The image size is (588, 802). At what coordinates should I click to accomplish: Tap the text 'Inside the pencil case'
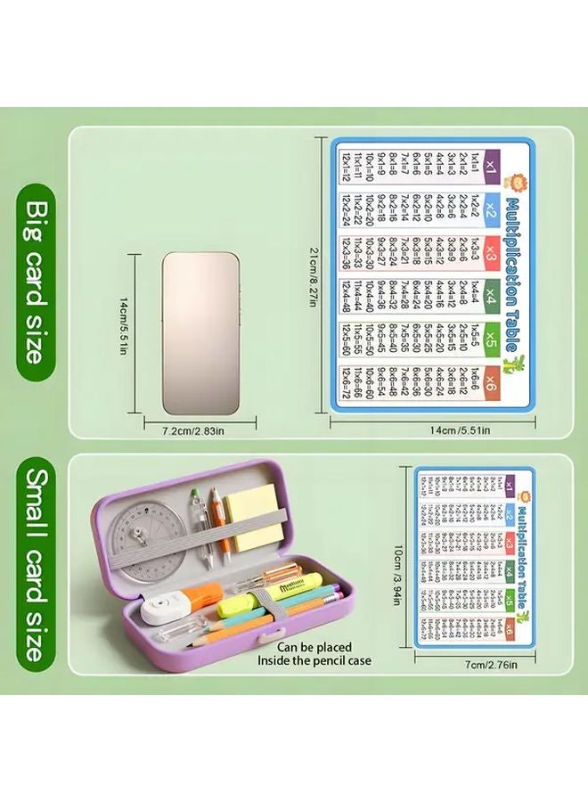(314, 661)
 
